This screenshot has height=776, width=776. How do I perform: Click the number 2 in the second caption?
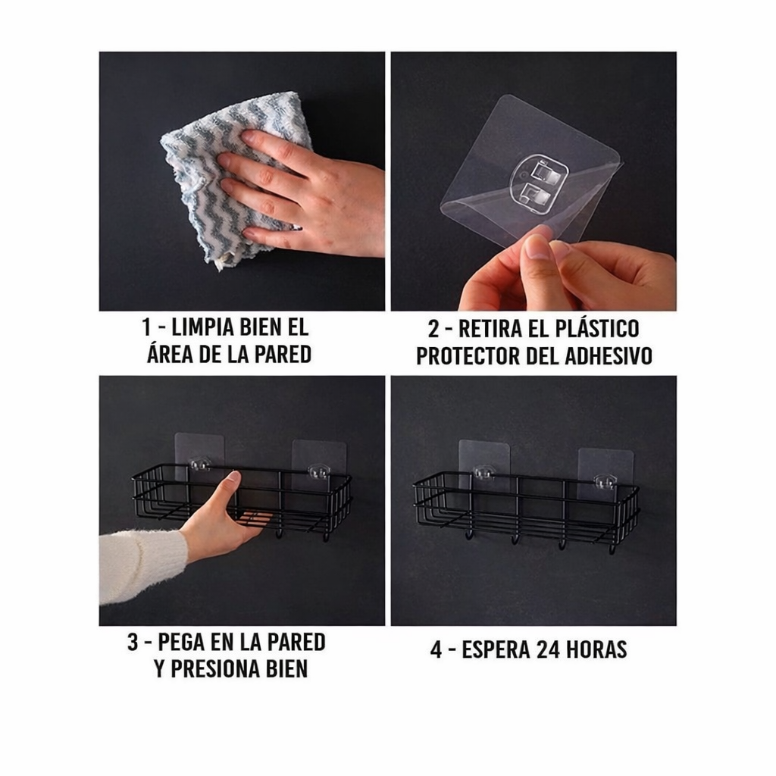(433, 330)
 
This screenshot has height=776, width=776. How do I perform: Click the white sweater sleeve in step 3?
(140, 565)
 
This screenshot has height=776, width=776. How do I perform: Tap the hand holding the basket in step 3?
(220, 523)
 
